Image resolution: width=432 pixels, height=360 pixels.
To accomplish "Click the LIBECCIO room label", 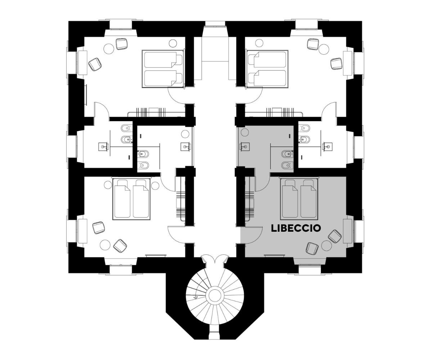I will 296,228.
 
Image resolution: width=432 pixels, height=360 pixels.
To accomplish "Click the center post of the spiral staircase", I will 215,295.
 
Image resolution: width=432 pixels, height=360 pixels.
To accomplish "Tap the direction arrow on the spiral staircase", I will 195,298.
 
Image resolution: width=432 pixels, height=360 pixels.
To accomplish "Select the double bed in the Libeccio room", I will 299,199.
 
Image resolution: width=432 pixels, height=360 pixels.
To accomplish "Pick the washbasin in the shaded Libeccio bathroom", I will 245,147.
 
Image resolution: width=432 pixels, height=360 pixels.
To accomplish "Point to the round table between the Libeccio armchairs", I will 327,246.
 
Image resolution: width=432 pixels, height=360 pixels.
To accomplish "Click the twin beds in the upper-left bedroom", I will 163,69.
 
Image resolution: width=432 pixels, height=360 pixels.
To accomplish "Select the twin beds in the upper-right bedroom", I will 267,69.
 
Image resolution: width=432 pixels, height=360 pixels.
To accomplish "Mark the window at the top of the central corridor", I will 215,24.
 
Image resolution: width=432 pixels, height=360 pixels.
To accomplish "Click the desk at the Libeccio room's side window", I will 348,231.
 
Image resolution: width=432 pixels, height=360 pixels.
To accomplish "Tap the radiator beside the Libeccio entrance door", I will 249,205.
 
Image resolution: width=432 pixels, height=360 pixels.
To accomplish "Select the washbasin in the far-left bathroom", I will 103,147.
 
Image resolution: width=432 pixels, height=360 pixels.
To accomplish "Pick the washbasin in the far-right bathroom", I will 327,146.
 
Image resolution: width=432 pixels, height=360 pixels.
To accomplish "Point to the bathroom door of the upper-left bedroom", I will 102,110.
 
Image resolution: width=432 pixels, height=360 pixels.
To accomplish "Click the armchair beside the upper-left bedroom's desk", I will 95,64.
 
